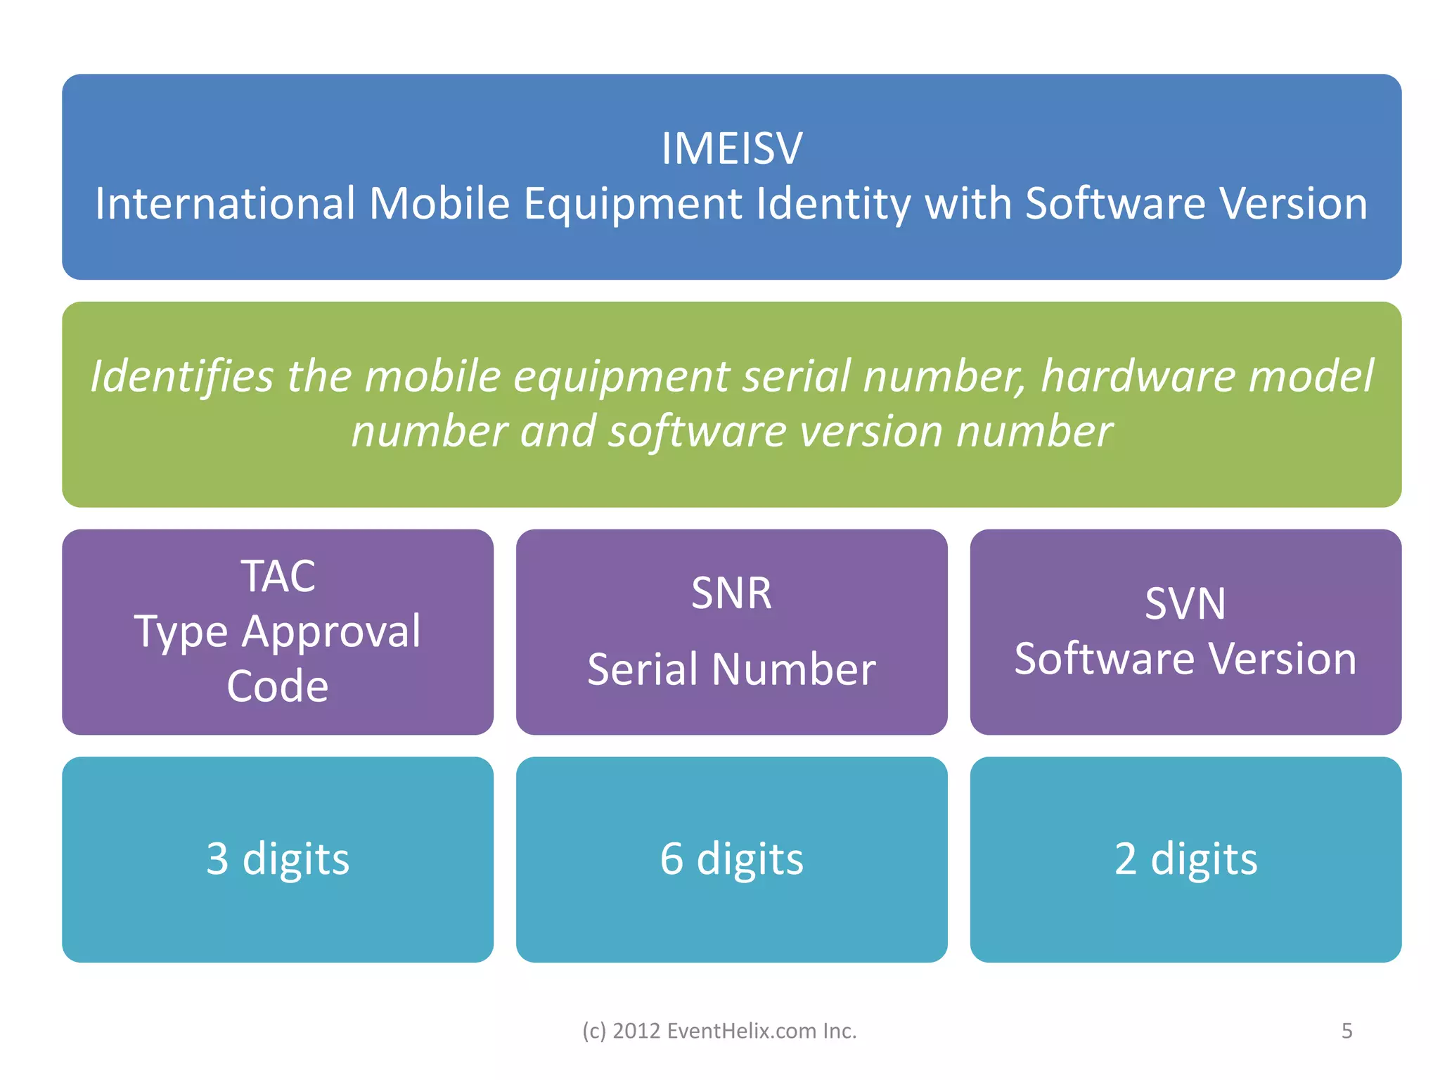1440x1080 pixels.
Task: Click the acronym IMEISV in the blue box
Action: pyautogui.click(x=731, y=149)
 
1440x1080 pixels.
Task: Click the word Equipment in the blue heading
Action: pyautogui.click(x=633, y=205)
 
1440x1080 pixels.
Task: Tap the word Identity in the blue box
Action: pyautogui.click(x=832, y=205)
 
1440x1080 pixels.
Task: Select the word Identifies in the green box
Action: pyautogui.click(x=181, y=376)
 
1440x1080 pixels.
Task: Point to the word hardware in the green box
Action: pyautogui.click(x=1138, y=376)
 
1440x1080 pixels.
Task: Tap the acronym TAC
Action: pyautogui.click(x=278, y=577)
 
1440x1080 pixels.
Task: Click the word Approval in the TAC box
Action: pyautogui.click(x=331, y=632)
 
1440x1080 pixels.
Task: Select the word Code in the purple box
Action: pyautogui.click(x=278, y=686)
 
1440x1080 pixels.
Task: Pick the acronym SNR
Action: pyautogui.click(x=731, y=593)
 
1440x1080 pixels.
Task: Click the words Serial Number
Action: pyautogui.click(x=731, y=669)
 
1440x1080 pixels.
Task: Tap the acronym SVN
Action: pyautogui.click(x=1185, y=604)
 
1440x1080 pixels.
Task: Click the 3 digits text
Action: pyautogui.click(x=278, y=859)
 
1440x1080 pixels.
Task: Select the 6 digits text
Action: pyautogui.click(x=731, y=859)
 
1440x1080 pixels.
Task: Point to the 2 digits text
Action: pyautogui.click(x=1185, y=859)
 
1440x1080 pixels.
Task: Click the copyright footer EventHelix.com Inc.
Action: pyautogui.click(x=761, y=1031)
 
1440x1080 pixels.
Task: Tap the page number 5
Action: pyautogui.click(x=1346, y=1031)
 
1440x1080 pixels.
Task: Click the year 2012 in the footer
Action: pyautogui.click(x=636, y=1031)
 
